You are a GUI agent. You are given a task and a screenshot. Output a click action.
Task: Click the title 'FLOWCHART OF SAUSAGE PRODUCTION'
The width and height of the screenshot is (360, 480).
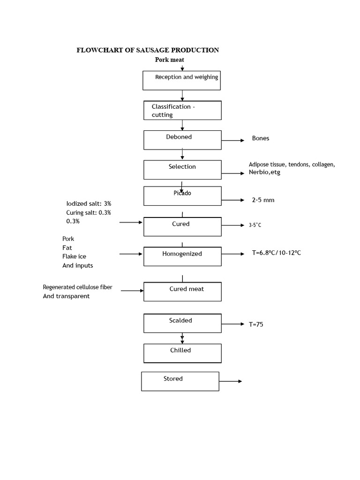pyautogui.click(x=148, y=50)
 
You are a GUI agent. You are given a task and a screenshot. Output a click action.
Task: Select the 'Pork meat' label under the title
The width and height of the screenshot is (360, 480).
pyautogui.click(x=173, y=60)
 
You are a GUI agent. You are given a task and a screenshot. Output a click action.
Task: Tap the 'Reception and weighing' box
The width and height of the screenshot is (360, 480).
pyautogui.click(x=181, y=80)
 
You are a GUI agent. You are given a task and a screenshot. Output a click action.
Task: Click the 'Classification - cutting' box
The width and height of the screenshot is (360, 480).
pyautogui.click(x=182, y=111)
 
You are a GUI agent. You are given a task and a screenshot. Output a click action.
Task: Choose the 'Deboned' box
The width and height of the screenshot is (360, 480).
pyautogui.click(x=182, y=140)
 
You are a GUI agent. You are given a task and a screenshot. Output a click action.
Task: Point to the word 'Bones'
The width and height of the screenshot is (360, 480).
pyautogui.click(x=261, y=138)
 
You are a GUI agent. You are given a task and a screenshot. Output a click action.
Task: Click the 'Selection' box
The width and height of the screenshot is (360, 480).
pyautogui.click(x=182, y=169)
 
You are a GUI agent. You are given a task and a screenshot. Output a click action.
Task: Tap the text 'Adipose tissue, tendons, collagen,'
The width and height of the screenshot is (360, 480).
pyautogui.click(x=292, y=165)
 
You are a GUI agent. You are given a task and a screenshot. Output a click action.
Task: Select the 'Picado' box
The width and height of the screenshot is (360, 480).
pyautogui.click(x=182, y=195)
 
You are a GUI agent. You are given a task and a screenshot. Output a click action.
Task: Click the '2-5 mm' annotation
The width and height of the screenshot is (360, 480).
pyautogui.click(x=263, y=200)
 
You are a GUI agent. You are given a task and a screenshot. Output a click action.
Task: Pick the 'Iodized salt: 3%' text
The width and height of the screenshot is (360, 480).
pyautogui.click(x=89, y=204)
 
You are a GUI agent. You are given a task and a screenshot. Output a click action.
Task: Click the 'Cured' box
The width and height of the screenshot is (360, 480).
pyautogui.click(x=182, y=227)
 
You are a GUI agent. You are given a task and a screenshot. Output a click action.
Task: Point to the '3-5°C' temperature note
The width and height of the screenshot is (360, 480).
pyautogui.click(x=255, y=225)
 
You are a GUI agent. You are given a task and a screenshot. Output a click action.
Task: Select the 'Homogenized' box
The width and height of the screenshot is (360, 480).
pyautogui.click(x=182, y=256)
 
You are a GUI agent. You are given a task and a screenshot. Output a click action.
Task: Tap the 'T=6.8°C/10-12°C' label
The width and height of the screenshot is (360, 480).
pyautogui.click(x=277, y=253)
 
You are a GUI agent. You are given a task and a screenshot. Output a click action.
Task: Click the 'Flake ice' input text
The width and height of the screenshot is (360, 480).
pyautogui.click(x=74, y=256)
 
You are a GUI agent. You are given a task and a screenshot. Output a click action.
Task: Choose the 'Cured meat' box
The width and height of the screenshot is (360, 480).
pyautogui.click(x=182, y=291)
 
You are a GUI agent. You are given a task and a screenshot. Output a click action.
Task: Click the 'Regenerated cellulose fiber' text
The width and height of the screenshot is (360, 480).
pyautogui.click(x=77, y=287)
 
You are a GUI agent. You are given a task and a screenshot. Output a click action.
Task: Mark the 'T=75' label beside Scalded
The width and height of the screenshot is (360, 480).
pyautogui.click(x=256, y=324)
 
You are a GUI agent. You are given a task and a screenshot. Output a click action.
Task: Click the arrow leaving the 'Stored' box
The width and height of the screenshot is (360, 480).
pyautogui.click(x=231, y=382)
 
